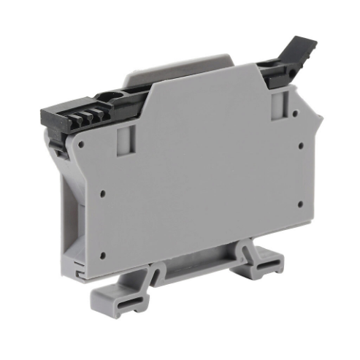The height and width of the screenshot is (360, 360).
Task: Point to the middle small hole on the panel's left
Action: click(x=101, y=194)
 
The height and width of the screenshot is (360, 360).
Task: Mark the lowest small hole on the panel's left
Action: click(x=103, y=255)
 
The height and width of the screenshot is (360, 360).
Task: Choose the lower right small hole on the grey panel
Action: click(x=298, y=204)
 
